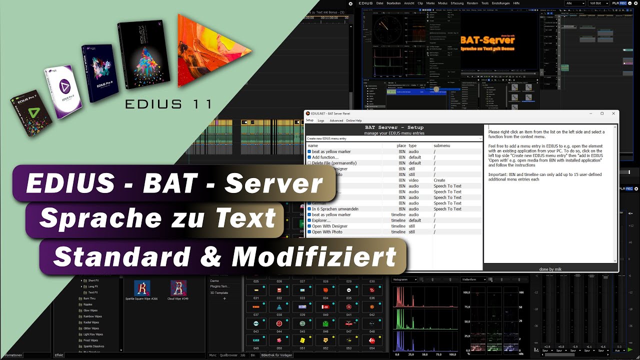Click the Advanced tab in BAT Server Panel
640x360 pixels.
click(x=336, y=120)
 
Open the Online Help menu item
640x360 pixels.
click(x=353, y=120)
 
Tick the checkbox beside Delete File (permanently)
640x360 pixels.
click(x=309, y=163)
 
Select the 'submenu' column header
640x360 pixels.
click(x=441, y=145)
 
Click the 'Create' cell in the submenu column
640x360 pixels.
click(x=439, y=180)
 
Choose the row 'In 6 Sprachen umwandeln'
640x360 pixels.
click(x=335, y=209)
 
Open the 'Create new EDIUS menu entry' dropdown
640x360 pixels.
click(x=394, y=138)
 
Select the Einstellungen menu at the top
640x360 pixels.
click(x=500, y=3)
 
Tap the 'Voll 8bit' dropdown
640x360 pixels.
click(x=599, y=3)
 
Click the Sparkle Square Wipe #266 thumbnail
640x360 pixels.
click(x=142, y=287)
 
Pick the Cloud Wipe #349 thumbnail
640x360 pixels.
click(x=178, y=287)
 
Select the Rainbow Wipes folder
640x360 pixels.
click(x=92, y=316)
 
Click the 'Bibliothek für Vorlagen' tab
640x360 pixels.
click(x=276, y=355)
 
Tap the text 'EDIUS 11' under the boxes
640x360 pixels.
click(x=168, y=104)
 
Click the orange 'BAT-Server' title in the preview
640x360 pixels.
click(x=487, y=40)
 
